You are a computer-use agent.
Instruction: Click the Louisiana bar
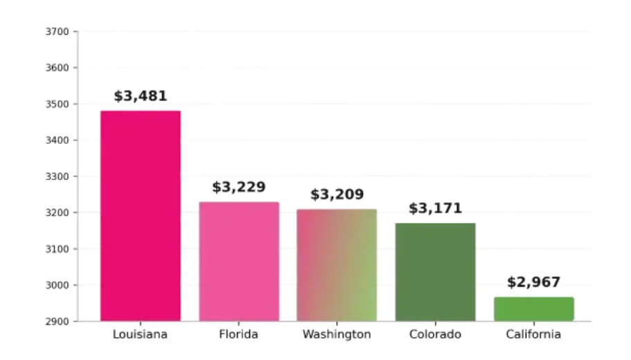point(141,216)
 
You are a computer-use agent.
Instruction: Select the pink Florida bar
point(239,262)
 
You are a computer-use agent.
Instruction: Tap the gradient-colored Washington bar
point(337,265)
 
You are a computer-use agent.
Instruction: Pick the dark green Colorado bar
point(435,272)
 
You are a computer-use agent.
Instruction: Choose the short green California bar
point(533,309)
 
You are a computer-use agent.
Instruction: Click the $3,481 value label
point(141,96)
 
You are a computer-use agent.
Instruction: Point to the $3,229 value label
point(239,188)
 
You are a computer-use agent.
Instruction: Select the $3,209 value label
point(337,195)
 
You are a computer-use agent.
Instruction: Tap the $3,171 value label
point(435,208)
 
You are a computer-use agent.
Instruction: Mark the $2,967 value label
point(533,282)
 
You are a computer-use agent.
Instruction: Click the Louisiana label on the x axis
point(141,334)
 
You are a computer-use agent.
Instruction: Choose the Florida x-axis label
point(239,334)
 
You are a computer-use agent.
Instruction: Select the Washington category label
point(337,334)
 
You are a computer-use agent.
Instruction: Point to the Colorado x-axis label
point(435,334)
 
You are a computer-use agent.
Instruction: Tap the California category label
point(533,334)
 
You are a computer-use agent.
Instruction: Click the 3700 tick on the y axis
point(57,32)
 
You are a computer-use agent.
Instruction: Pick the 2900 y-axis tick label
point(57,321)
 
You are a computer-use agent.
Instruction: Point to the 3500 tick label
point(57,105)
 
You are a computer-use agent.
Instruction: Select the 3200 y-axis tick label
point(57,213)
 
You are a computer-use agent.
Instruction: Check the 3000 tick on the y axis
point(57,285)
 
